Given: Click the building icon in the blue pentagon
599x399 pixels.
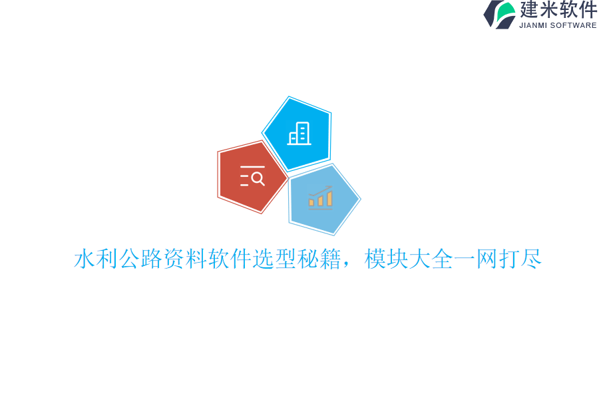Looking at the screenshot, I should pos(299,134).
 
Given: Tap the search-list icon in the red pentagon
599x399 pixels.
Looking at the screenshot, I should pos(252,176).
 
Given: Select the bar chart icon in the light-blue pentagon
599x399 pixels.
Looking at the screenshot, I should pos(321,198).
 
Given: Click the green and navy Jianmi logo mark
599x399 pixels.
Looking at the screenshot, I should pos(500,14).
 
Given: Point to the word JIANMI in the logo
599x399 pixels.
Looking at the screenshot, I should pos(534,25).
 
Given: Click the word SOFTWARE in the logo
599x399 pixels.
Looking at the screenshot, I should pos(573,25).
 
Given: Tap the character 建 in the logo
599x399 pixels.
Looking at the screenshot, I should pos(530,10).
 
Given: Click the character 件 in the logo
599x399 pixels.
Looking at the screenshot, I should pos(588,10).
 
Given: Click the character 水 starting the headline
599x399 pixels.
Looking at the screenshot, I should pos(85,259).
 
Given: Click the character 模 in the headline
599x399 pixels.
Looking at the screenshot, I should pos(375,259).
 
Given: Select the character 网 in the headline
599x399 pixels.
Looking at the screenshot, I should pos(487,259).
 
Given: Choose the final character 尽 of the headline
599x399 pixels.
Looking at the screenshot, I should pos(532,259).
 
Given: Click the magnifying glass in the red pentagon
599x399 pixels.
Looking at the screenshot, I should pos(258,178).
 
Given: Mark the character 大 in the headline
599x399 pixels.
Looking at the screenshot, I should pos(420,259).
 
